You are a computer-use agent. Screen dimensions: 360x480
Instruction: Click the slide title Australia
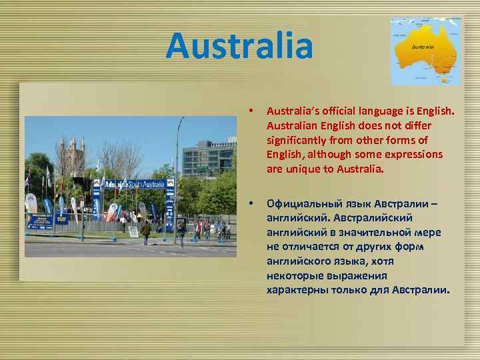click(239, 45)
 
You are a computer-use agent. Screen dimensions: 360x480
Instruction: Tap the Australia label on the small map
click(423, 47)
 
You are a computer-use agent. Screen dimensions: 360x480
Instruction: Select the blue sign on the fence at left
click(39, 222)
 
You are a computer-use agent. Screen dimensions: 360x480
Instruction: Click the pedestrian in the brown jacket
click(145, 231)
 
